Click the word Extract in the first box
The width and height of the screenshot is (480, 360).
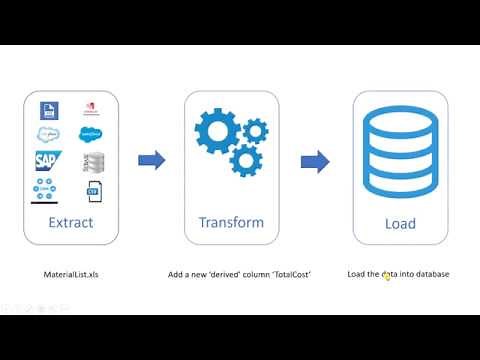[x=70, y=223]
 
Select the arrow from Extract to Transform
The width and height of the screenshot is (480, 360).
[x=151, y=160]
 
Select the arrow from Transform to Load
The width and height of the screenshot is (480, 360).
[x=316, y=160]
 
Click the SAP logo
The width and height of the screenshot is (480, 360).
[x=49, y=160]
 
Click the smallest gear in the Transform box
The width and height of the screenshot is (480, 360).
[x=256, y=129]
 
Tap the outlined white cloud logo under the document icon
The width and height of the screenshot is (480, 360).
[x=48, y=135]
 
